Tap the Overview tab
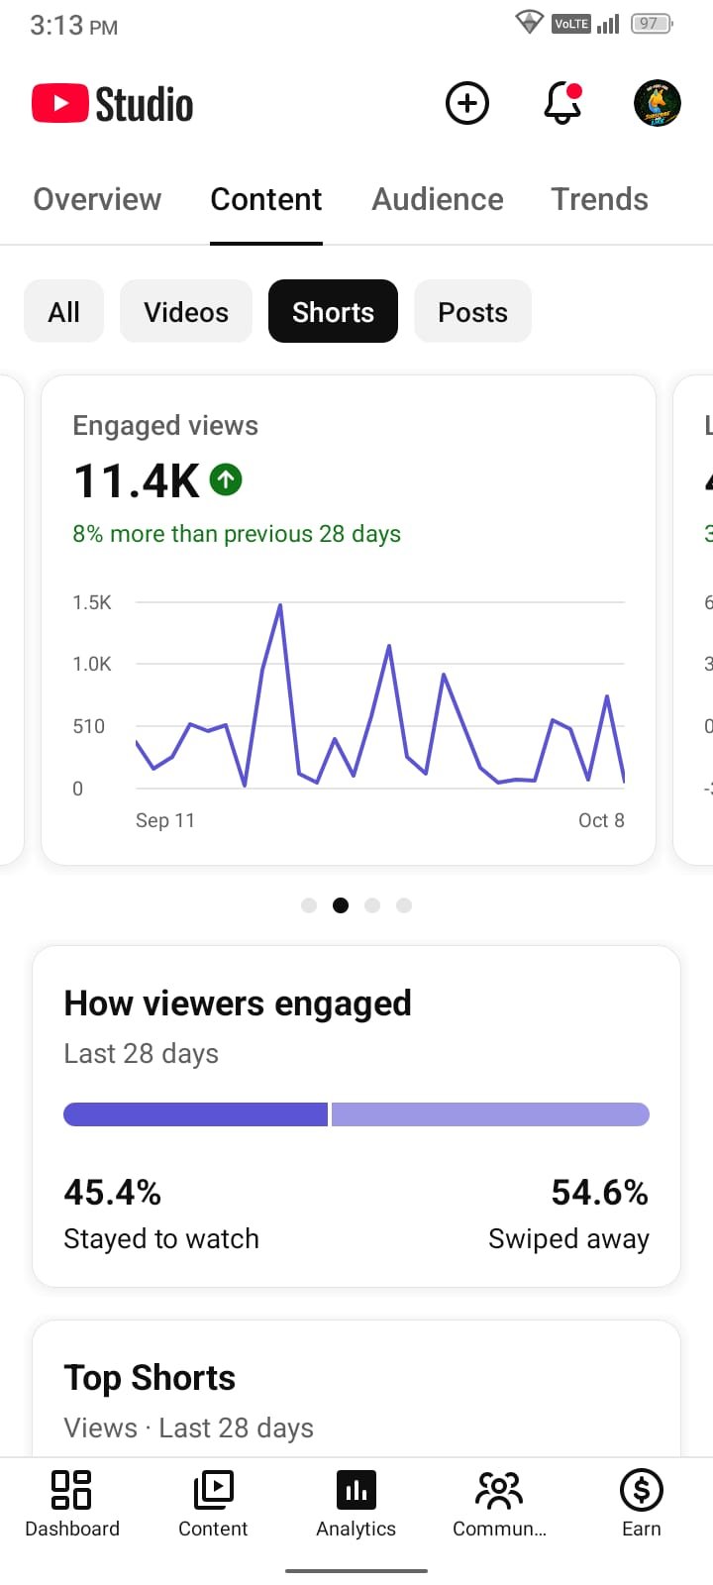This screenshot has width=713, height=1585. coord(97,199)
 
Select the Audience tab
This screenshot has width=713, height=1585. coord(438,199)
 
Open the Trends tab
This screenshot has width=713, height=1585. coord(599,199)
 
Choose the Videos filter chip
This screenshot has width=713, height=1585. coord(186,311)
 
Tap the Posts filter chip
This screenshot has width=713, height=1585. coord(472,311)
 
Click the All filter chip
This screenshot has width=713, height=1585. coord(63,311)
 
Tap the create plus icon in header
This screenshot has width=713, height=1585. coord(466,103)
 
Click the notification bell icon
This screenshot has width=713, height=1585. coord(562,103)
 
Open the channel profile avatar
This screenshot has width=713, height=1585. coord(658,103)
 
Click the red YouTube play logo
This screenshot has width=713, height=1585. coord(60,103)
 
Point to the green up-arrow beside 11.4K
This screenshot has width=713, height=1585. coord(226,479)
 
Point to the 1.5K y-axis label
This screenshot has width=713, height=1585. coord(92,602)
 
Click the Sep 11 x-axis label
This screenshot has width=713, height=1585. coord(164,820)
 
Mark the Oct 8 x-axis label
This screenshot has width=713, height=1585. coord(601,820)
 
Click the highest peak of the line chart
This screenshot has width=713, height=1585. coord(280,605)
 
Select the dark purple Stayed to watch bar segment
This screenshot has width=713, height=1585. coord(195,1114)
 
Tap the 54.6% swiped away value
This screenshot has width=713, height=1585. coord(599,1193)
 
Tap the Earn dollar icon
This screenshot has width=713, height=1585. coord(641,1490)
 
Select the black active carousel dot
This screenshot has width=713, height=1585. coord(341,905)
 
